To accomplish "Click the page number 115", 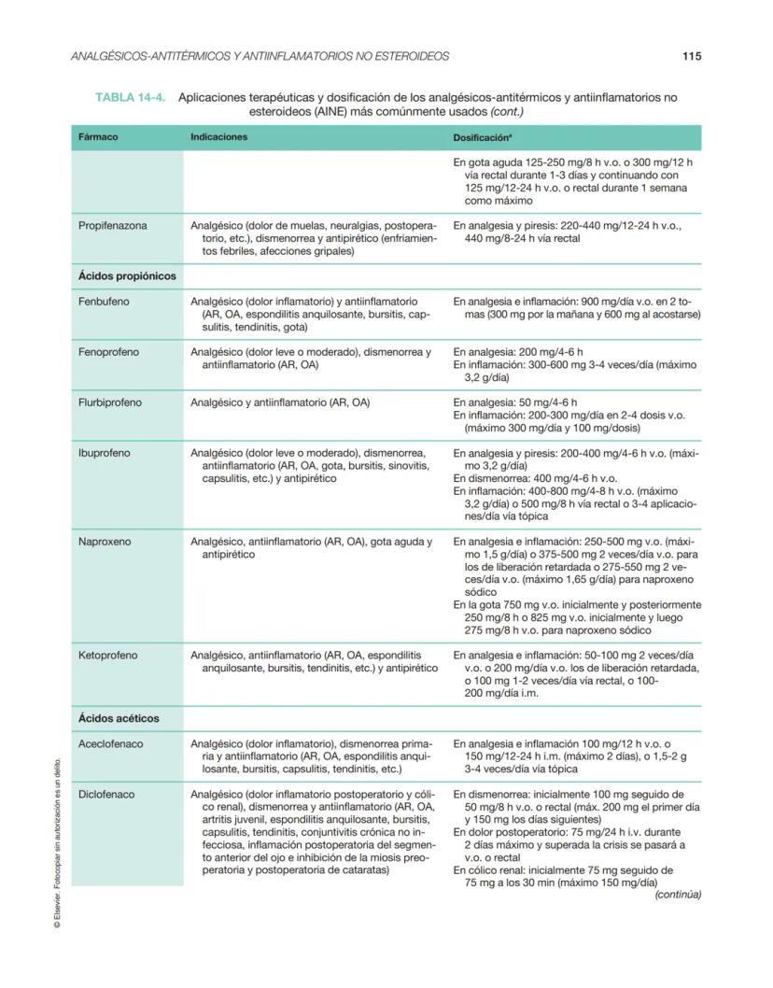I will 691,56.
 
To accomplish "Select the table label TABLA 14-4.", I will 131,97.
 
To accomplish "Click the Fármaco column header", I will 98,137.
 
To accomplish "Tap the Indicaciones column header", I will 219,137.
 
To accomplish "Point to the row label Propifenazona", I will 113,225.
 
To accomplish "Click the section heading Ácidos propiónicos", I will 127,276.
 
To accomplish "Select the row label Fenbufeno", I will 105,302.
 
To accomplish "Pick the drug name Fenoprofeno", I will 109,352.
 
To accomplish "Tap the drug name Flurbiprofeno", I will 110,402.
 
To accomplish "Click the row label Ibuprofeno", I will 105,453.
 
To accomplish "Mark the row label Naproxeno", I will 105,542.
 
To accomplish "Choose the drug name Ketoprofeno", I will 107,656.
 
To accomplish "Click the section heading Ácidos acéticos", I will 119,718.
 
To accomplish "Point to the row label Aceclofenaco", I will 110,743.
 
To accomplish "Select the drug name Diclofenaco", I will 106,794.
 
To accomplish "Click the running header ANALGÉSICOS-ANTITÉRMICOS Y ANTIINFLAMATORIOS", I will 260,56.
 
